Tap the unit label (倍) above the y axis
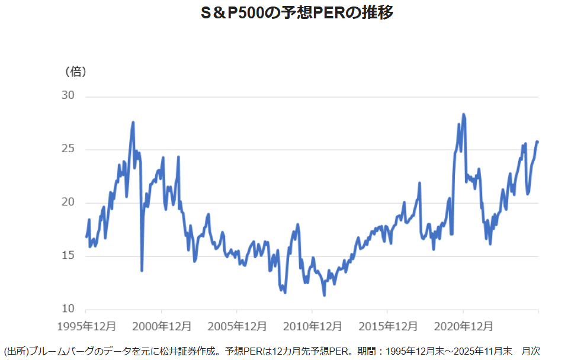(75, 72)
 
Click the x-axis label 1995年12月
(86, 326)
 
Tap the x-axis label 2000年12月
(161, 326)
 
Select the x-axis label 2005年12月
(236, 326)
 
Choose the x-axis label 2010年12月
(312, 326)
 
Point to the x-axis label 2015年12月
(387, 326)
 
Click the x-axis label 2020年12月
(462, 326)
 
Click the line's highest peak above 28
(463, 114)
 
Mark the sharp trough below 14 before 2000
(142, 271)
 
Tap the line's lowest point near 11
(324, 295)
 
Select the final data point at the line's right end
(537, 142)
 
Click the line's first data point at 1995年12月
(86, 237)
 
